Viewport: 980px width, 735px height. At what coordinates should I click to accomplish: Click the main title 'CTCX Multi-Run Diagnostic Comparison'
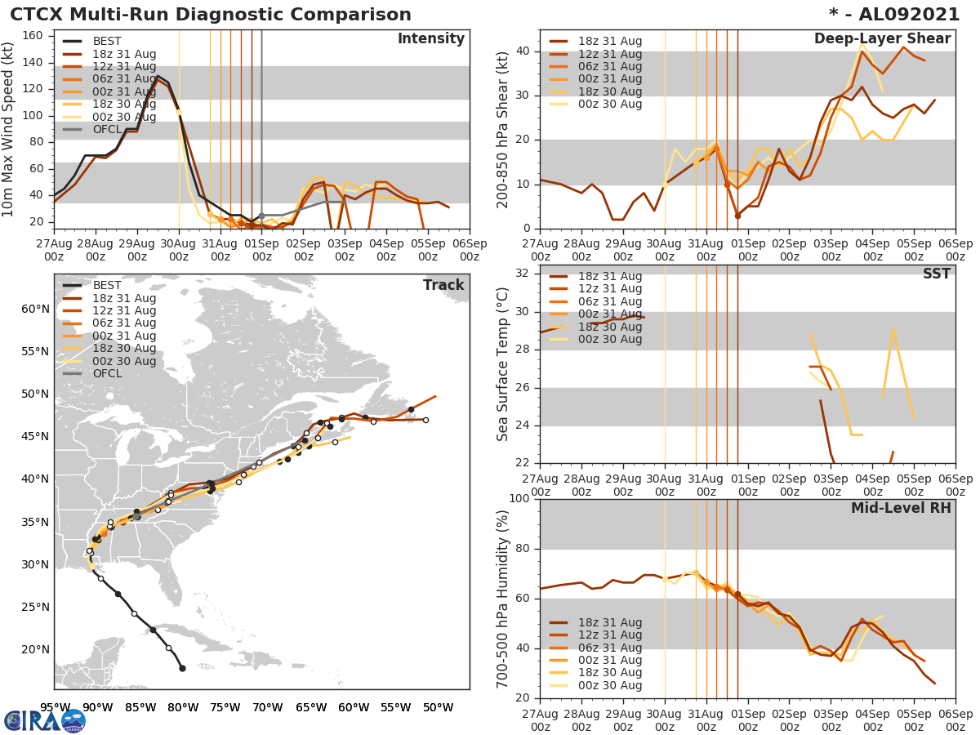tap(211, 15)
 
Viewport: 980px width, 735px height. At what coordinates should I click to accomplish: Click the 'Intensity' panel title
tap(430, 39)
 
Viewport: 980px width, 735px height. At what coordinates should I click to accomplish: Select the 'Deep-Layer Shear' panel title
tap(882, 39)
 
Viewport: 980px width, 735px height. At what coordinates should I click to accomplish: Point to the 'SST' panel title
tap(936, 274)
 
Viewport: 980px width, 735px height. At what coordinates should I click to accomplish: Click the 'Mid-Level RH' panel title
tap(901, 508)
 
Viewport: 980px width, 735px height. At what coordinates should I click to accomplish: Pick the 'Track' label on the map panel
tap(443, 285)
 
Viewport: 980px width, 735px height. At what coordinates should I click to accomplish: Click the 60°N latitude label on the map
tap(35, 309)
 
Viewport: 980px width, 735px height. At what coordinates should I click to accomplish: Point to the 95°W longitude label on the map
tap(55, 707)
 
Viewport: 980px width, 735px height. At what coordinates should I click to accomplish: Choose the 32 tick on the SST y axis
tap(523, 272)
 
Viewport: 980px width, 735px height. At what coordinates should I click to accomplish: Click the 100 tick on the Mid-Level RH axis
tap(519, 499)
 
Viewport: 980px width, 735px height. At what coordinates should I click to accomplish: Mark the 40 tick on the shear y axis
tap(523, 51)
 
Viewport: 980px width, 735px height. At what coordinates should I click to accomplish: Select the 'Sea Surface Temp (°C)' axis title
tap(503, 364)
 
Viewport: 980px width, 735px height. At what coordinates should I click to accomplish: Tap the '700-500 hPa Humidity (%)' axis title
tap(503, 598)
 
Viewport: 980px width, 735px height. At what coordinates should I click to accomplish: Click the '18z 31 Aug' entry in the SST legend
tap(608, 276)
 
